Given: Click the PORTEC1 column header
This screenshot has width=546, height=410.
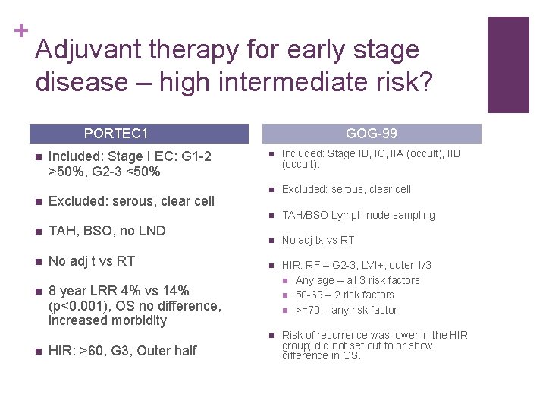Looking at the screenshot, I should click(x=116, y=134).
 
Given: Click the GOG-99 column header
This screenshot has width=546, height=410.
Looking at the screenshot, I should click(x=371, y=134).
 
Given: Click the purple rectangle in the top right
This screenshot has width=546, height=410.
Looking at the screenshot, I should click(x=507, y=65).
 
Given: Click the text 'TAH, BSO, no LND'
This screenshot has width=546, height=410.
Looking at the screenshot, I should click(x=106, y=231).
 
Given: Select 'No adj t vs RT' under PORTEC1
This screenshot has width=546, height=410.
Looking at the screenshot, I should click(x=91, y=261).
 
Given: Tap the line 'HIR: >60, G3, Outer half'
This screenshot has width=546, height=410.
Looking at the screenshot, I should click(x=122, y=350).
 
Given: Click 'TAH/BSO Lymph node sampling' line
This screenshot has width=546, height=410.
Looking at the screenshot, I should click(x=358, y=215).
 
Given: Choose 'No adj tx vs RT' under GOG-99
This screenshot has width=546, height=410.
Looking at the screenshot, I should click(x=318, y=240).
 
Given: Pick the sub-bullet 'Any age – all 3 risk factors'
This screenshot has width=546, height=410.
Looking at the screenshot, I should click(x=357, y=280).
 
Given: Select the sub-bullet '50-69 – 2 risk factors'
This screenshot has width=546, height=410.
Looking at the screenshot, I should click(x=344, y=295).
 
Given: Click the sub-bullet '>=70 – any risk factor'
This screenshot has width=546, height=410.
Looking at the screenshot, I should click(x=346, y=310).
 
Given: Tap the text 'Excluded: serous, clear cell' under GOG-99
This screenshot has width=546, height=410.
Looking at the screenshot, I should click(x=346, y=189).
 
